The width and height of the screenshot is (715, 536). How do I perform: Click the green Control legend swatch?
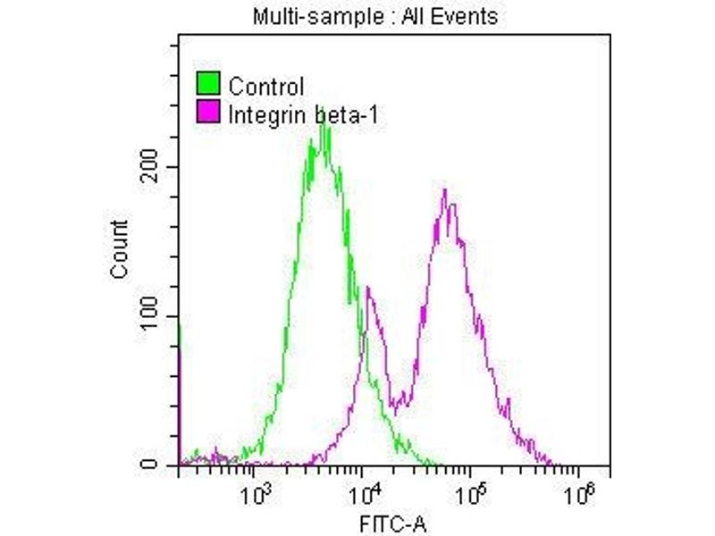(x=207, y=86)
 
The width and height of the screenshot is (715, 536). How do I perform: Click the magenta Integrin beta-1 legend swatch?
(x=207, y=113)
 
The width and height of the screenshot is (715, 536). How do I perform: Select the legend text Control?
(x=266, y=87)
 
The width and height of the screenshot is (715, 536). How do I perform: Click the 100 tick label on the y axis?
(x=160, y=316)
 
